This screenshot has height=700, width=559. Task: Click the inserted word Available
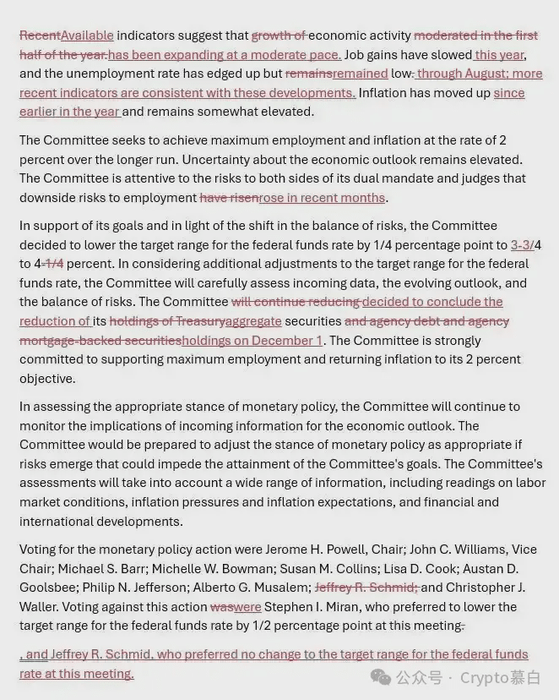[x=87, y=36]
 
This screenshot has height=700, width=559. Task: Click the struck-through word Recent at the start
[x=40, y=36]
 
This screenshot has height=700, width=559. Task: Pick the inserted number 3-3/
[x=522, y=245]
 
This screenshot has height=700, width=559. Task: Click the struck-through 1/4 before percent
[x=54, y=264]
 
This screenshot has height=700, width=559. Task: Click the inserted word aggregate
[x=253, y=321]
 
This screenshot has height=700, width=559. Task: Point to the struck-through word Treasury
[x=201, y=321]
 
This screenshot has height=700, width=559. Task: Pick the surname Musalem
[x=280, y=588]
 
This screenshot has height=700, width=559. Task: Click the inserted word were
[x=247, y=607]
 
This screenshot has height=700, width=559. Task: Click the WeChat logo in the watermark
[x=382, y=677]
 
